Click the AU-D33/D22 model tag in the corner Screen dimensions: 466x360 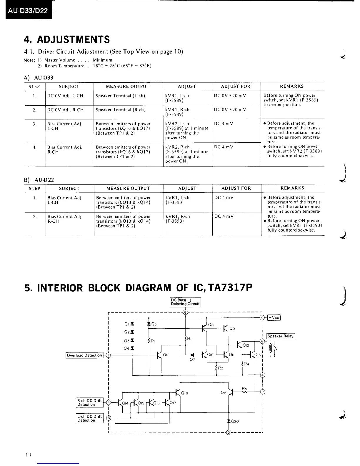click(x=28, y=11)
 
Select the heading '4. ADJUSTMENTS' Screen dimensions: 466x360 click(x=67, y=39)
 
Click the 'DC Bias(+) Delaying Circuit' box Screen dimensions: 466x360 click(x=185, y=302)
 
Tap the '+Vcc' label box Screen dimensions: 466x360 click(x=274, y=317)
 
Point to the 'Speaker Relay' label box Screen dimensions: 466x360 click(x=280, y=336)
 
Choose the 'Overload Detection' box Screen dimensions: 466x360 click(x=84, y=355)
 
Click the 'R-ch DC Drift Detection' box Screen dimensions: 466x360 click(x=89, y=402)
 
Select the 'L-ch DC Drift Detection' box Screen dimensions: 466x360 click(x=89, y=418)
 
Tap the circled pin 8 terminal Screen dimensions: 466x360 click(x=185, y=312)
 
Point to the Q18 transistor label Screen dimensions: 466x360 click(x=185, y=393)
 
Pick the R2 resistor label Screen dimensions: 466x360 click(x=190, y=339)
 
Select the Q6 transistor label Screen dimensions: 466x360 click(x=166, y=355)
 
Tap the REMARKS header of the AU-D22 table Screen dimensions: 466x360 click(x=292, y=188)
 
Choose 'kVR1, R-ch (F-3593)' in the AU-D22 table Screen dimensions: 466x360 click(x=178, y=219)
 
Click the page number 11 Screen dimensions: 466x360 click(x=28, y=455)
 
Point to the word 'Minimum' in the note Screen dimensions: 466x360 click(x=102, y=60)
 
